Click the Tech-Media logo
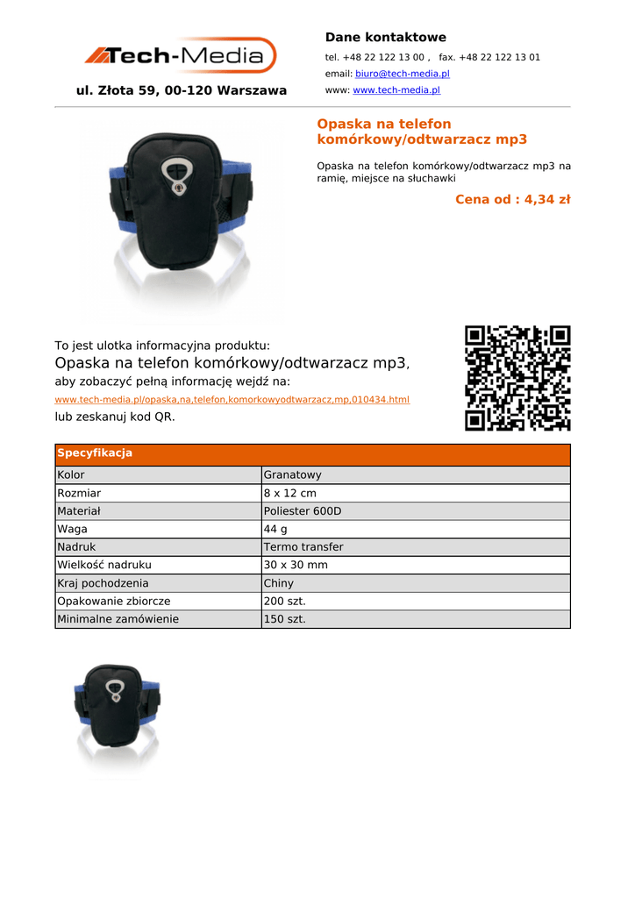click(x=181, y=55)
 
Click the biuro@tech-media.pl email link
click(x=402, y=74)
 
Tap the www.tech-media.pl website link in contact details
click(x=396, y=90)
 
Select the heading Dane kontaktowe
click(x=385, y=37)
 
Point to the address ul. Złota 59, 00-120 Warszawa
click(x=182, y=90)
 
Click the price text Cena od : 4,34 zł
click(x=512, y=199)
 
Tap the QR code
click(x=517, y=378)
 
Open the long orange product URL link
click(x=232, y=400)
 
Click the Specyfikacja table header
click(x=95, y=453)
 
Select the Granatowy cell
click(x=293, y=474)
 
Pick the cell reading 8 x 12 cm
click(x=290, y=493)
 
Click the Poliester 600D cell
click(x=303, y=511)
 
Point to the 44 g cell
click(x=275, y=529)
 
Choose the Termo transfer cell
click(x=303, y=547)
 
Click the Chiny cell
click(x=279, y=583)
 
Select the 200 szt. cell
click(x=285, y=601)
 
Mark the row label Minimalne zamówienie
click(x=118, y=619)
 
